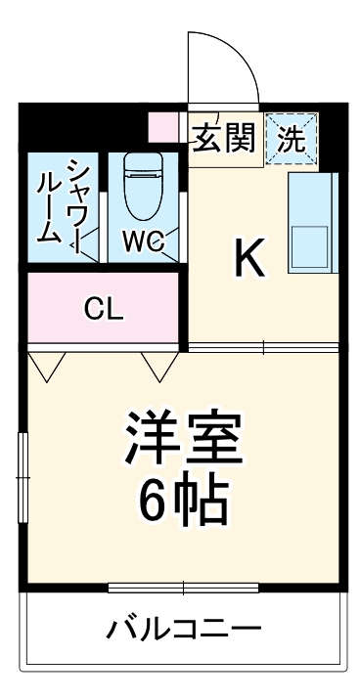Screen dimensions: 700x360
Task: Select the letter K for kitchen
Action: [x=249, y=258]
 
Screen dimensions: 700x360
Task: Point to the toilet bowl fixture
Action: [x=143, y=188]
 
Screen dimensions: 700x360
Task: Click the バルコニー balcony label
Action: [x=182, y=627]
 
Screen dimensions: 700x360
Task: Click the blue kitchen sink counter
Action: [x=313, y=222]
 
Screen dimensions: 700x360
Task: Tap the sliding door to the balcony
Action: [x=183, y=587]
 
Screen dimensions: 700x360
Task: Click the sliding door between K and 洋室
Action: [x=264, y=346]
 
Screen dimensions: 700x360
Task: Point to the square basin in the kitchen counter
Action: [x=313, y=248]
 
